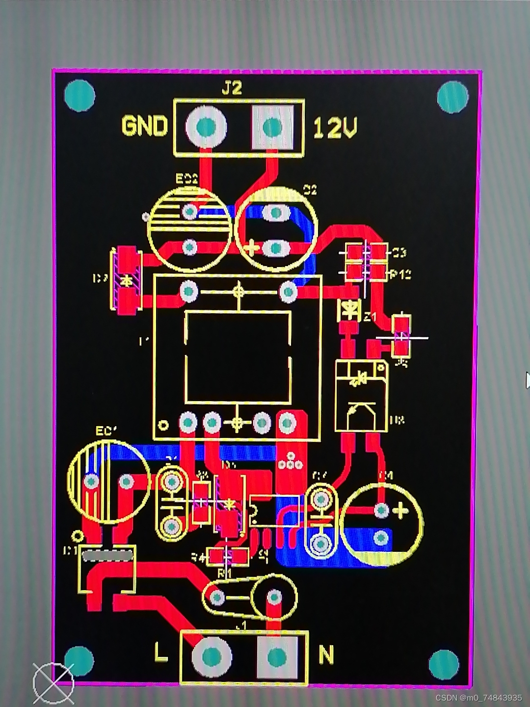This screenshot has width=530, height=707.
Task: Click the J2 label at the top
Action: point(232,88)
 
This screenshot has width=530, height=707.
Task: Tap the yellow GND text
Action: point(144,126)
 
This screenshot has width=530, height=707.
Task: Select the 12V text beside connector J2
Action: point(335,128)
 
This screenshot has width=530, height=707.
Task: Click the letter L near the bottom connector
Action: point(160,653)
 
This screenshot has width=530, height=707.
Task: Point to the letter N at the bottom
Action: point(326,654)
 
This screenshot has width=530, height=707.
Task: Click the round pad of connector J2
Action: point(206,127)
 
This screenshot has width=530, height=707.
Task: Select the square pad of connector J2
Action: point(272,127)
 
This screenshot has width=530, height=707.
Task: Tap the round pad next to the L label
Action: point(211,656)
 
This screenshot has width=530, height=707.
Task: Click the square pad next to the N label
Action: point(277,656)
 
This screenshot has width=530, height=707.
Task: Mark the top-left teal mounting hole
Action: point(79,96)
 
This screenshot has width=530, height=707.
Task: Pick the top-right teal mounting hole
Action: point(452,97)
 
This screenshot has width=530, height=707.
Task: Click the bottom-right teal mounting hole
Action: point(444,664)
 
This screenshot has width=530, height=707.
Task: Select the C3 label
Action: point(399,253)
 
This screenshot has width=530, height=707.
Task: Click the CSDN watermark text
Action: point(478,698)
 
